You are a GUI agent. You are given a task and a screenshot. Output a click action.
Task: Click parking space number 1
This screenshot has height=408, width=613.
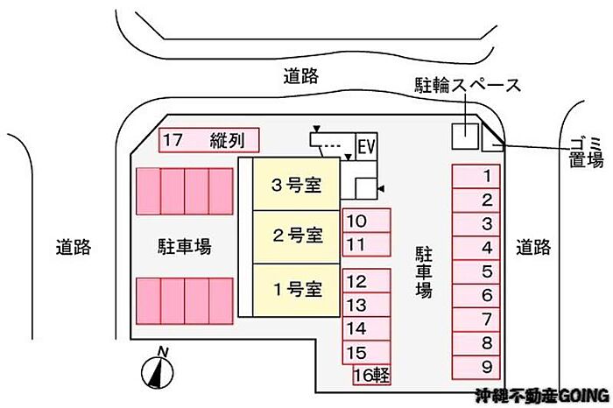tap(476, 176)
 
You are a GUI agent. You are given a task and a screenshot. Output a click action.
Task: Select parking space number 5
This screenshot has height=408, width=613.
tap(476, 271)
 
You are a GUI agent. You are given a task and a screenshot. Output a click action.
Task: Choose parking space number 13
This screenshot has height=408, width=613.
tap(366, 306)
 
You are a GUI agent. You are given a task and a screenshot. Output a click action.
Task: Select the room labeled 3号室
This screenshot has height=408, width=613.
tap(296, 185)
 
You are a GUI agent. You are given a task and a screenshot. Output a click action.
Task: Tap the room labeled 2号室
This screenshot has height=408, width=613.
tap(296, 235)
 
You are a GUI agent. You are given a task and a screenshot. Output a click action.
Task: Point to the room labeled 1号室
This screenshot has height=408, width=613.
tap(296, 287)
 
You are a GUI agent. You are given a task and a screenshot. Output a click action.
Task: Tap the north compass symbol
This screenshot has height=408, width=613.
tap(156, 371)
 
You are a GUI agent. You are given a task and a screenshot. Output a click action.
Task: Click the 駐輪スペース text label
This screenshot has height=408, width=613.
tap(468, 86)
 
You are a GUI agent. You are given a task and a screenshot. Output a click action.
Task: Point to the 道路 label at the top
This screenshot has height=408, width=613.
tap(300, 76)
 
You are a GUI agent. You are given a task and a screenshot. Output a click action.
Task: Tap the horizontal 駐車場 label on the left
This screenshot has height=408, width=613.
tap(184, 247)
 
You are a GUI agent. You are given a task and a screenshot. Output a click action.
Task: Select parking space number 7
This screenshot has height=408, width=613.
tap(476, 320)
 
